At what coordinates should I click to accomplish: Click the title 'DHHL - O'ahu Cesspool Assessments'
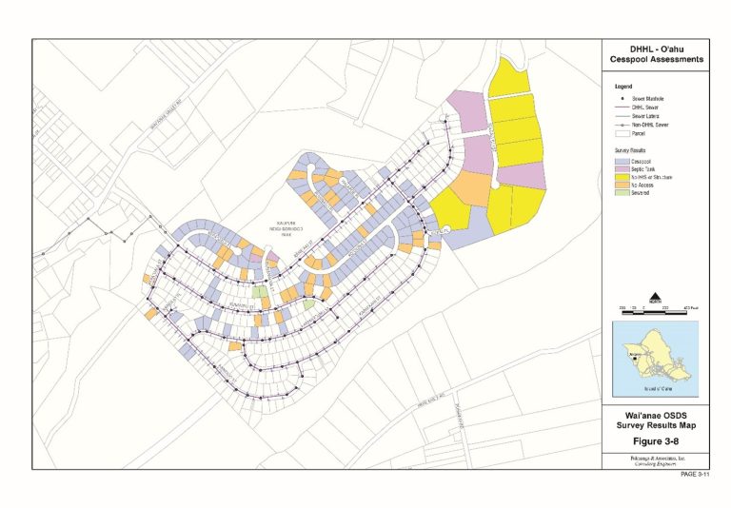(x=655, y=55)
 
